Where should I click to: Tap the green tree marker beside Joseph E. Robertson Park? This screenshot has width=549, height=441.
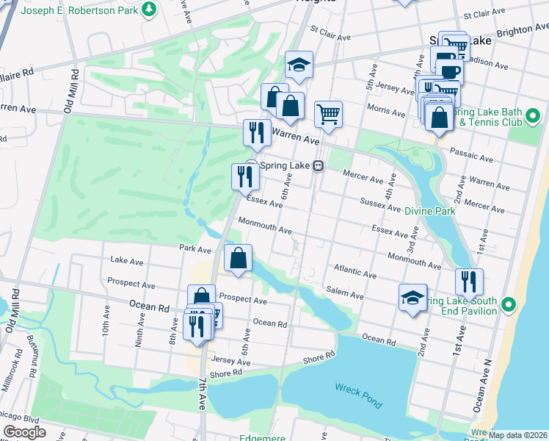(150, 10)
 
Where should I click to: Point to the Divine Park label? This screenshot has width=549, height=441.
(429, 211)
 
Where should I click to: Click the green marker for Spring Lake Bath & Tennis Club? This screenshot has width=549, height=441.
(534, 115)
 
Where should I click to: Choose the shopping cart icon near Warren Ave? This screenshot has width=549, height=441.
(328, 114)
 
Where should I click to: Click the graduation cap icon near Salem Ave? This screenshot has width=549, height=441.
(412, 297)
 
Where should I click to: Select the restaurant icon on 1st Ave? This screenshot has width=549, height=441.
(469, 281)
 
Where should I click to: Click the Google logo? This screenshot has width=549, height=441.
(24, 432)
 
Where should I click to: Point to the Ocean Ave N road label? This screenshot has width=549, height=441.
(479, 387)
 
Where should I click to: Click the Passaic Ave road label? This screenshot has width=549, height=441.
(473, 157)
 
